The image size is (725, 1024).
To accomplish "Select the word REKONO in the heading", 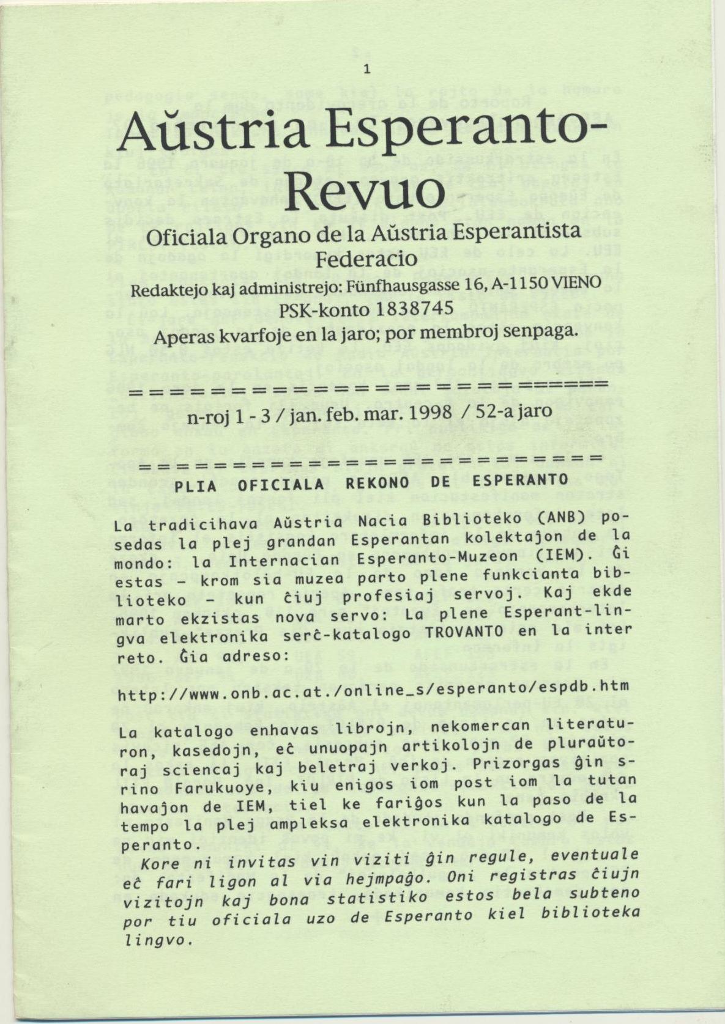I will (378, 482).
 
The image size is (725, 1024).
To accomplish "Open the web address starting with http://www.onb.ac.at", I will (373, 687).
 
